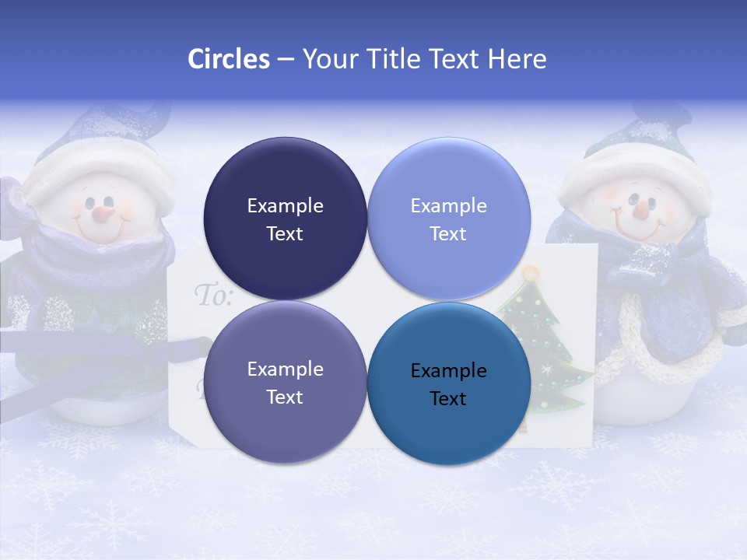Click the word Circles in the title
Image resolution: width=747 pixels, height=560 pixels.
tap(228, 59)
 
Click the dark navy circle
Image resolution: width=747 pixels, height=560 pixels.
tap(285, 219)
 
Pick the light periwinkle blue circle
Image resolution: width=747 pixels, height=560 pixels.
tap(449, 219)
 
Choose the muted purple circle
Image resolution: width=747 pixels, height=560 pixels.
tap(285, 382)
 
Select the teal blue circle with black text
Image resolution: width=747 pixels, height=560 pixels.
tap(449, 382)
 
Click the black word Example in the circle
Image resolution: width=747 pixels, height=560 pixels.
tap(449, 371)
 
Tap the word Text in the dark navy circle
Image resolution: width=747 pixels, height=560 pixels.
tap(285, 233)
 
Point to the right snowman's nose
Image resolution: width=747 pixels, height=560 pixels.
tap(640, 208)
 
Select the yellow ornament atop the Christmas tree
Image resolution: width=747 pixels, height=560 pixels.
tap(531, 273)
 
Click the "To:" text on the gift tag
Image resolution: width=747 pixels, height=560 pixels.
tap(212, 296)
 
